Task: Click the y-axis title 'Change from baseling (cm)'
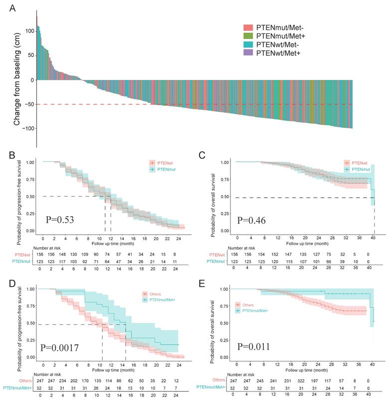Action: click(16, 80)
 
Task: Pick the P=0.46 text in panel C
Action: click(252, 220)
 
